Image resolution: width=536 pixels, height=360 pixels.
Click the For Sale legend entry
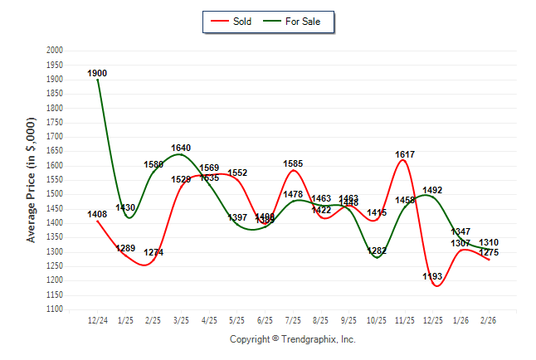tap(296, 21)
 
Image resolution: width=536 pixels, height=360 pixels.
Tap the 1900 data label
tap(98, 74)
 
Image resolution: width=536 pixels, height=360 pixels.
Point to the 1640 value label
tap(181, 148)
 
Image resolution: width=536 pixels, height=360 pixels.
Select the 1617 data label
tap(406, 155)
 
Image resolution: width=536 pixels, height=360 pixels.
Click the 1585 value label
tap(294, 164)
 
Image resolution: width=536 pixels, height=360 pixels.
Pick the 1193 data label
tap(433, 277)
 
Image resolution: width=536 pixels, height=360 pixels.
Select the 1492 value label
tap(433, 191)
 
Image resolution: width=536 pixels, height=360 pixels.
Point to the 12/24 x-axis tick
tap(98, 319)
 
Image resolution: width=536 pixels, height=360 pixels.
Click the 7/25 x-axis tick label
tap(294, 319)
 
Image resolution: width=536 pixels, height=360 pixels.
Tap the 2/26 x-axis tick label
tap(490, 319)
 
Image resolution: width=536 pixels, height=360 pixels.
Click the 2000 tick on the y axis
tap(55, 51)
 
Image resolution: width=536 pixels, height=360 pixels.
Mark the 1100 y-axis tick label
tap(55, 309)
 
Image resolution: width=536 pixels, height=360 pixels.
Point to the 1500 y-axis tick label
tap(55, 194)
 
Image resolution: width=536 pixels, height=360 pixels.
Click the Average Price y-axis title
tap(32, 180)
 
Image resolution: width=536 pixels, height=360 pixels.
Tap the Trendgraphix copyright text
tap(292, 339)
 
